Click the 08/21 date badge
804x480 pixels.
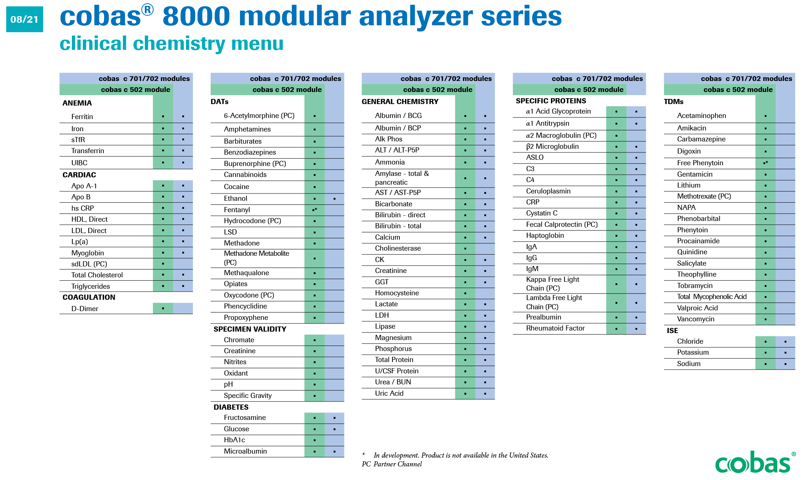[25, 19]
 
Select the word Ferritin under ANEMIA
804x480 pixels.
[82, 117]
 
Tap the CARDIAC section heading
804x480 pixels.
[79, 175]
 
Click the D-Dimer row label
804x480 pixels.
[85, 309]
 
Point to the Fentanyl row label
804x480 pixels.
[237, 210]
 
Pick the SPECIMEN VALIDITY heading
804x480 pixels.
[250, 329]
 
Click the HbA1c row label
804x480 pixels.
[234, 440]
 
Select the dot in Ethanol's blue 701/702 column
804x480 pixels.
[335, 199]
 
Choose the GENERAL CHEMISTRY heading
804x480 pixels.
[400, 101]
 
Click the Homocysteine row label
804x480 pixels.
[397, 293]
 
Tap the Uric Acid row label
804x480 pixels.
[389, 393]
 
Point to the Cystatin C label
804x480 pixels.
[542, 213]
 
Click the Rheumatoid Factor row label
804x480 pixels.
[555, 328]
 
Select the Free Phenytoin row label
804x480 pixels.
[700, 163]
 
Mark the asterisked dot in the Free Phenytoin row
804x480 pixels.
[765, 163]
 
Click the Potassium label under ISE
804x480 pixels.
[692, 352]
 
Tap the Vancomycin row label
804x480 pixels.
[695, 319]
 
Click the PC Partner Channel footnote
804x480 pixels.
[392, 464]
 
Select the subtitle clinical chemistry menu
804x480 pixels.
[171, 44]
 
